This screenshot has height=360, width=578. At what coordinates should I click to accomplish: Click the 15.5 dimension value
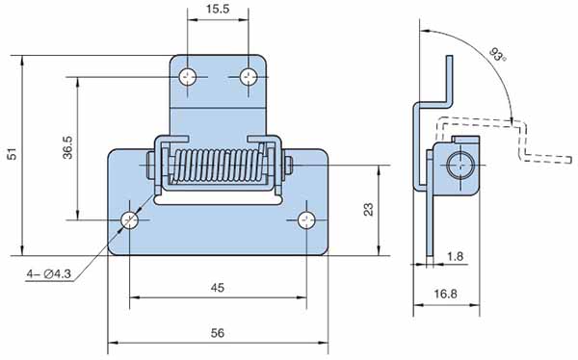click(218, 9)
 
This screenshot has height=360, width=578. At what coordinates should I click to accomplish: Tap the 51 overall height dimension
click(13, 154)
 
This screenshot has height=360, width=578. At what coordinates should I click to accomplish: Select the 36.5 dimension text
click(67, 147)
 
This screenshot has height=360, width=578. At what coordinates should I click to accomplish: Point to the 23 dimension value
click(368, 209)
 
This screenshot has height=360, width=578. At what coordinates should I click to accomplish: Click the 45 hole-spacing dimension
click(218, 288)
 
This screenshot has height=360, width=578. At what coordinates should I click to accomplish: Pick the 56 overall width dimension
click(218, 333)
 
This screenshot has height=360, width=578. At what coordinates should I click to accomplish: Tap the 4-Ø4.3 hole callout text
click(49, 273)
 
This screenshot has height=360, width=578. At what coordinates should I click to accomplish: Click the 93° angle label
click(498, 54)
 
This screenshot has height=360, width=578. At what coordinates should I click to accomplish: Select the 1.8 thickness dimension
click(455, 256)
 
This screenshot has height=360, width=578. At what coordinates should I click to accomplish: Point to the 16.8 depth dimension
click(445, 294)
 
